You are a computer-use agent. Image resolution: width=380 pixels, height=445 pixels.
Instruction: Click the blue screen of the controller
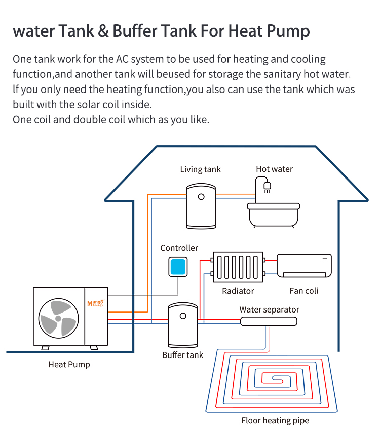(178, 266)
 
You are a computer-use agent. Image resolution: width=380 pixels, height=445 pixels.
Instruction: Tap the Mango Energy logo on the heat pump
(96, 303)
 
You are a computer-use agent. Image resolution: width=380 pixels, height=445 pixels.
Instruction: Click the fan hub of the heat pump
(58, 319)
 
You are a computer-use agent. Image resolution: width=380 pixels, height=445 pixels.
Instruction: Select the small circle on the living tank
(201, 196)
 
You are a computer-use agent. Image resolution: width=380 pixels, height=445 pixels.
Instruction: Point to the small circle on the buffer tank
(183, 316)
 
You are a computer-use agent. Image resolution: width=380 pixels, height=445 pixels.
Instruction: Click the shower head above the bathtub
(267, 187)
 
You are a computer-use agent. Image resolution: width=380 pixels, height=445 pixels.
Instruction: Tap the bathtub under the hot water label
(273, 215)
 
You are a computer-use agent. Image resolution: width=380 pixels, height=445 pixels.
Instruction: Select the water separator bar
(269, 321)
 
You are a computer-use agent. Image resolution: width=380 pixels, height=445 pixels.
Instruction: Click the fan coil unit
(304, 265)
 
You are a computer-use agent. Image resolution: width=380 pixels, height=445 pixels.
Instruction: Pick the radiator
(238, 267)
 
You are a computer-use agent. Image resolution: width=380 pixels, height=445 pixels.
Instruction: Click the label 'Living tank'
(200, 169)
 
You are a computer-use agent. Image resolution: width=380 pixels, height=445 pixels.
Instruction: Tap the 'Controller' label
(179, 248)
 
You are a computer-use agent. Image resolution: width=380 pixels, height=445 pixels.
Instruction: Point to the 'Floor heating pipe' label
(275, 420)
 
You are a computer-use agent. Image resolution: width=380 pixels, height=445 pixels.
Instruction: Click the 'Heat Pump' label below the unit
(69, 364)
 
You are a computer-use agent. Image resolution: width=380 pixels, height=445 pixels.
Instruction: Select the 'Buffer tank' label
(182, 355)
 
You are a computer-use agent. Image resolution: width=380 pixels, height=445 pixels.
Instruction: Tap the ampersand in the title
(103, 31)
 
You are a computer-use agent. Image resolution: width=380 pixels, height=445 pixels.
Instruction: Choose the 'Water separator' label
(269, 309)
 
